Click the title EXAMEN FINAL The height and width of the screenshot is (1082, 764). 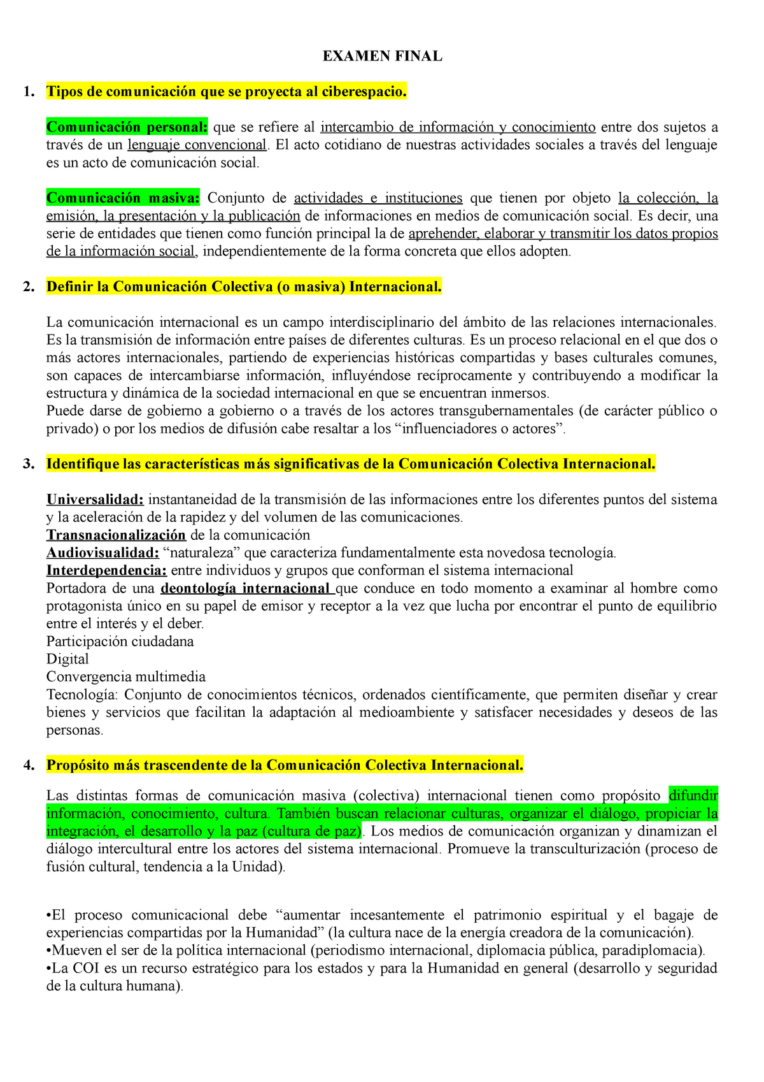[x=382, y=56]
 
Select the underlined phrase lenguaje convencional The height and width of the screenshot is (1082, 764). [x=197, y=145]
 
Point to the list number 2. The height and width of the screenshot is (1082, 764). [x=28, y=287]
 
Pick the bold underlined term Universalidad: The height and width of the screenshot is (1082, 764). [x=95, y=499]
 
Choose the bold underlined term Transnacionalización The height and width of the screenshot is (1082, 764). [x=116, y=535]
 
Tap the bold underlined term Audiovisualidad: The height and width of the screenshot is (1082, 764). [x=103, y=552]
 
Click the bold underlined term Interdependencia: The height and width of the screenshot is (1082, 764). [x=106, y=570]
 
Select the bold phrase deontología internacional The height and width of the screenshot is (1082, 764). [x=245, y=588]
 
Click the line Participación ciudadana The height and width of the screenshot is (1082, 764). [x=120, y=641]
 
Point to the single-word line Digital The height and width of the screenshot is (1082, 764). [x=67, y=659]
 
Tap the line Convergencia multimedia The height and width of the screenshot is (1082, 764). [x=126, y=677]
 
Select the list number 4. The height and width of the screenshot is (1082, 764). [x=28, y=765]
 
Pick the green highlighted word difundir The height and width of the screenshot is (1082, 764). [x=693, y=795]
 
